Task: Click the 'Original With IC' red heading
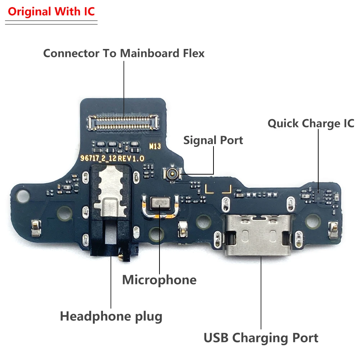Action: coord(51,12)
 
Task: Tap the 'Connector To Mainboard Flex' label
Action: coord(124,53)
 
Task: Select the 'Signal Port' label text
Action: coord(213,140)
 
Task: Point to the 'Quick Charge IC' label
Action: coord(311,123)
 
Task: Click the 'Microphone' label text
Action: coord(159,280)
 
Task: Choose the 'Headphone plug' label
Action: coord(111,316)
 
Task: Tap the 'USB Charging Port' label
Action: coord(261,338)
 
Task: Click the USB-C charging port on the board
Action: coord(257,236)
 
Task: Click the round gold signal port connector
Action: coord(172,174)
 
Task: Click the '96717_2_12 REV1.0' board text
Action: coord(112,158)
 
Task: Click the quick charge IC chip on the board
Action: coord(318,194)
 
